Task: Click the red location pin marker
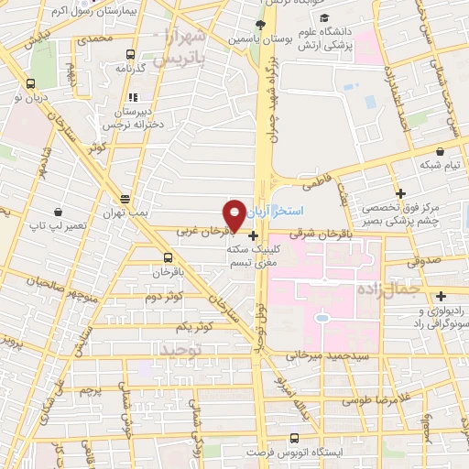point(235,214)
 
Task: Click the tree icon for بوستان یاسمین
point(262,25)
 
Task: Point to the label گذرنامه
point(133,68)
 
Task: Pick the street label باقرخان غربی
point(200,233)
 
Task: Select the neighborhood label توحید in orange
point(179,351)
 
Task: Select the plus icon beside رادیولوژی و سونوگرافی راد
point(442,295)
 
